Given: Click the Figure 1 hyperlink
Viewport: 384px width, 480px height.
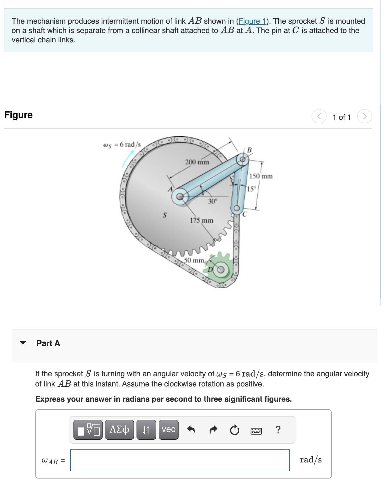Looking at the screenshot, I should point(252,21).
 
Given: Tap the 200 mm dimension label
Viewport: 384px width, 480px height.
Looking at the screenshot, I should point(197,162).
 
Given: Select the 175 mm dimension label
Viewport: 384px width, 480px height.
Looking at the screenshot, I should point(201,220).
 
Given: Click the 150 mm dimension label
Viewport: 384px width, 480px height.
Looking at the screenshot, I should point(261,176).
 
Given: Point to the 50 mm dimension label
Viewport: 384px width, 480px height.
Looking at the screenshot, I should point(194,260).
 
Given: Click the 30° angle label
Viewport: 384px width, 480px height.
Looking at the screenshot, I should point(212,201).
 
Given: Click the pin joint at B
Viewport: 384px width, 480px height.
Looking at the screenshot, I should point(243,159).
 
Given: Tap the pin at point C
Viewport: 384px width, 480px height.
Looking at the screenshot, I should point(237,208).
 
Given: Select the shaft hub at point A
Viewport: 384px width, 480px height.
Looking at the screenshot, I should point(181,196).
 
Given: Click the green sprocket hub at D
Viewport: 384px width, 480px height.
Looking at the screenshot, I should point(221,270).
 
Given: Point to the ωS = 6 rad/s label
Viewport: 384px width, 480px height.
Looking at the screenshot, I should point(122,144).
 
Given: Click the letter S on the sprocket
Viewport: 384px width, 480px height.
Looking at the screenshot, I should point(165,215).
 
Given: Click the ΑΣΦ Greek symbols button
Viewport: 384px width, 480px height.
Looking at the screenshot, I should point(119,429).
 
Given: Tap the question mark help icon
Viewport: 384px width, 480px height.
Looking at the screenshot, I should point(278,430).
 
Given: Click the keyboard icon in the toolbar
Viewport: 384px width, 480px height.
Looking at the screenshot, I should point(256,431).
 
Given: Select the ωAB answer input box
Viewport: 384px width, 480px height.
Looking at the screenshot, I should point(180,460).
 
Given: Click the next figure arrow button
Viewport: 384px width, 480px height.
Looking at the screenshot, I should point(364,116).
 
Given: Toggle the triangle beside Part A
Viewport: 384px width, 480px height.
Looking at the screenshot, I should point(23,343).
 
